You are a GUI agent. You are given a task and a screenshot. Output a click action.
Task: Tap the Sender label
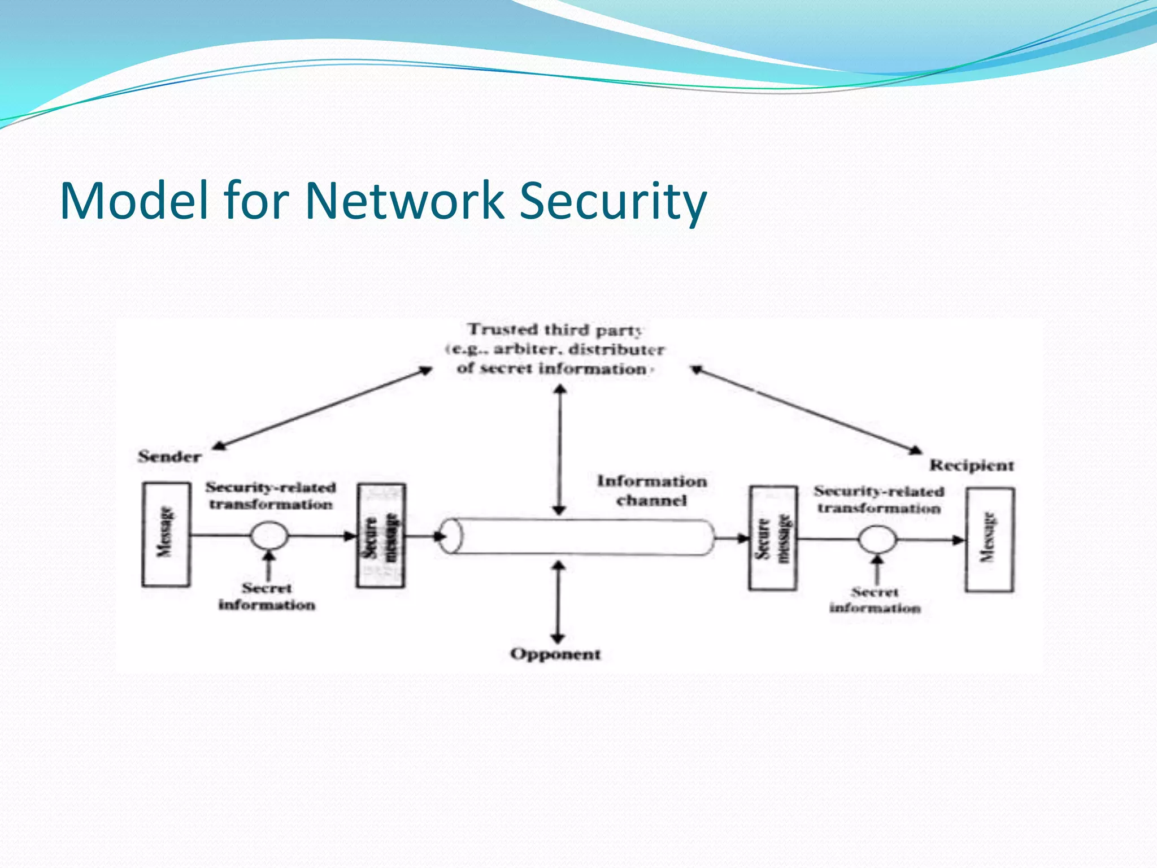coord(169,457)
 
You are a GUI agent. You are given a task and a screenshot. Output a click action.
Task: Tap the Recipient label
coord(972,466)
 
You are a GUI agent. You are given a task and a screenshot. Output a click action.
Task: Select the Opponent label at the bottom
coord(555,654)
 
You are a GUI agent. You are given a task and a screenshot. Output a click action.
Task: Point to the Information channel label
coord(652,491)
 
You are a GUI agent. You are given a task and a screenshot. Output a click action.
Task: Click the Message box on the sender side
coord(166,534)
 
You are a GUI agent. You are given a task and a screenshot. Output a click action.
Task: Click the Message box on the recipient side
coord(989,540)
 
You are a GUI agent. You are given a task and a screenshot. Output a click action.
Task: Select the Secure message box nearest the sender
coord(381,535)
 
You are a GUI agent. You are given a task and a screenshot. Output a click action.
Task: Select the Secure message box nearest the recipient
coord(773,538)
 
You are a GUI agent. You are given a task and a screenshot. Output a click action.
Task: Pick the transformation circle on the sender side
coord(269,535)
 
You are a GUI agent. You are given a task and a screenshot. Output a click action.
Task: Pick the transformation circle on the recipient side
coord(877,540)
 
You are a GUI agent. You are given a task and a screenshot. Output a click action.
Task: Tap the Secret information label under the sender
coord(267,597)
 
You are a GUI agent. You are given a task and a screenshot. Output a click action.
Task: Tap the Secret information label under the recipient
coord(875,600)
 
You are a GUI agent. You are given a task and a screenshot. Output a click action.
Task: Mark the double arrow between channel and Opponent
coord(558,602)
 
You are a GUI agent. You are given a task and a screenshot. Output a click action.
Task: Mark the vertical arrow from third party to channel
coord(559,449)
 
